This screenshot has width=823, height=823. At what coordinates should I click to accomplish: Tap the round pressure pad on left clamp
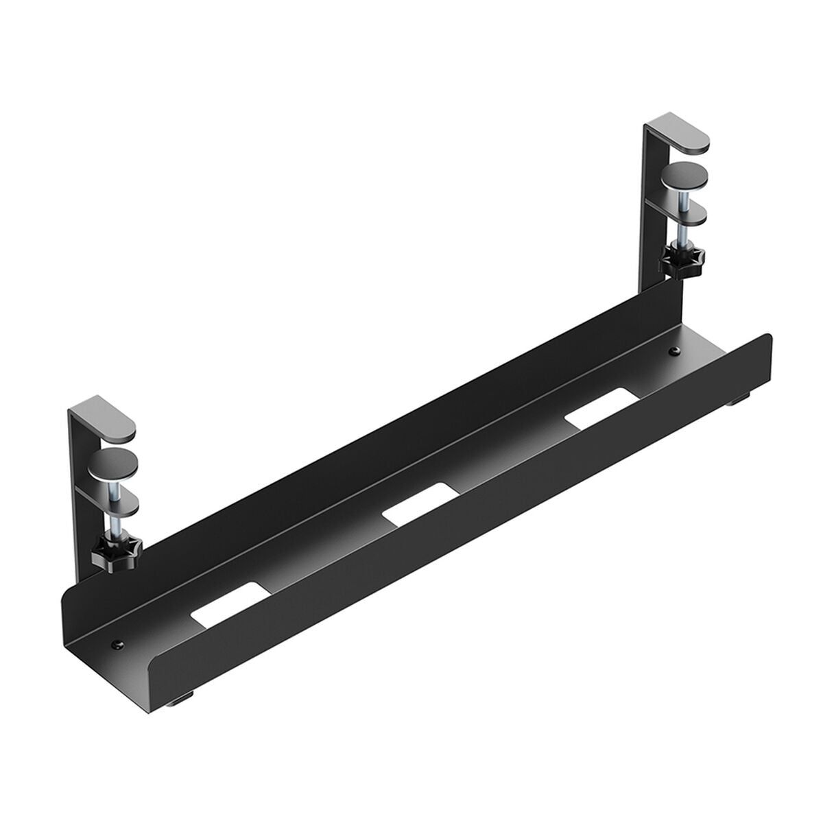[x=115, y=463]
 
